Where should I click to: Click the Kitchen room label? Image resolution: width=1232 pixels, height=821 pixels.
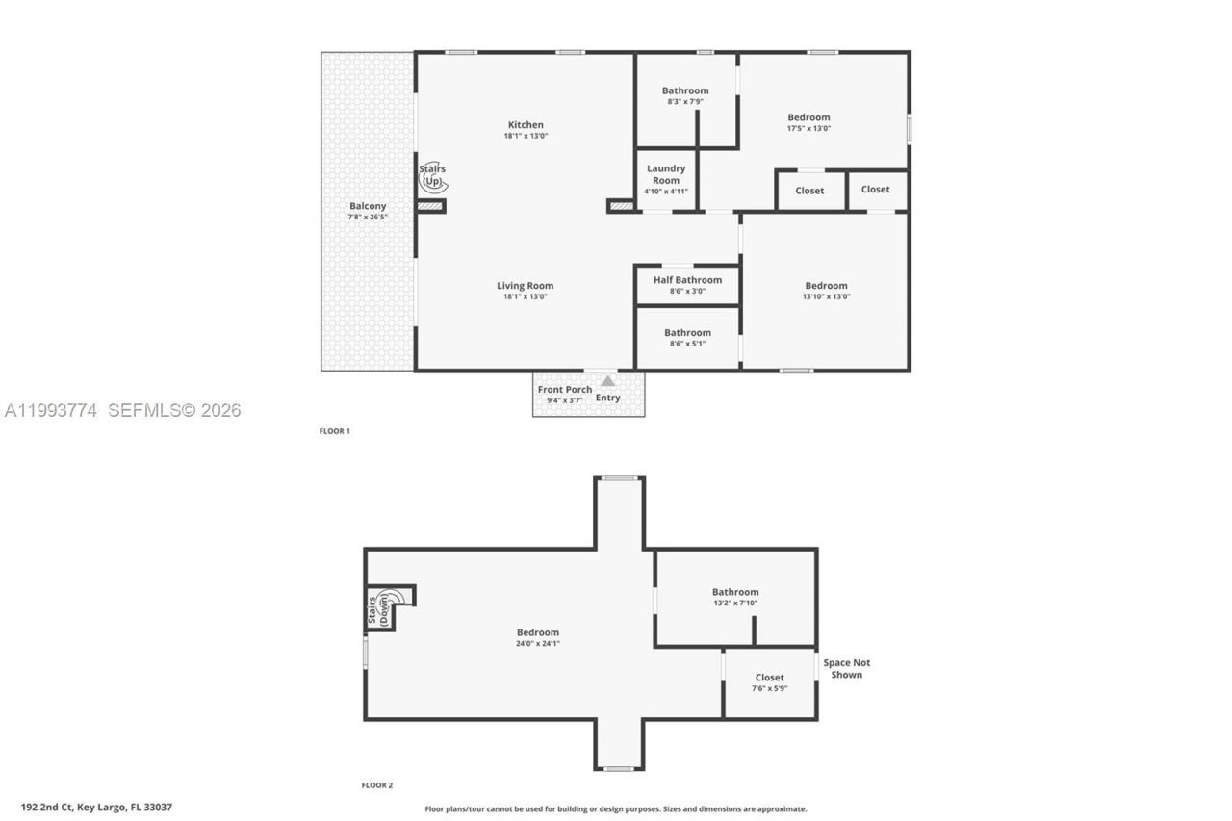(x=526, y=125)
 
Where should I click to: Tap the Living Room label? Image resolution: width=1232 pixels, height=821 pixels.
(x=525, y=286)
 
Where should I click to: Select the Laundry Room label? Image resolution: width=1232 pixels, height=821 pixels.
(x=666, y=174)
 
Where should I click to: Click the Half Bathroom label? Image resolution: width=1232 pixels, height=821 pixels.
(x=687, y=280)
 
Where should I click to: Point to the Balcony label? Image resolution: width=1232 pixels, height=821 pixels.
(x=368, y=206)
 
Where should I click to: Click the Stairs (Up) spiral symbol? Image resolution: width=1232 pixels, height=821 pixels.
(x=434, y=179)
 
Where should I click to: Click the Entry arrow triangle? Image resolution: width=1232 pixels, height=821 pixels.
(x=607, y=381)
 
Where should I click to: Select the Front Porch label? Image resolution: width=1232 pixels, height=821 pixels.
(x=565, y=390)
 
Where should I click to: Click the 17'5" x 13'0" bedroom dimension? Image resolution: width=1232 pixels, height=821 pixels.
(x=808, y=128)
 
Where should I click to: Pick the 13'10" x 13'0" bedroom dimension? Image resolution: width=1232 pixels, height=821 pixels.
(x=826, y=296)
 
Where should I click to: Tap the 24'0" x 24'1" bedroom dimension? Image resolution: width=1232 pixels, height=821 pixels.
(x=537, y=643)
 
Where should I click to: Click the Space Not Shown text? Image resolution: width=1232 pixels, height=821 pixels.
(x=846, y=668)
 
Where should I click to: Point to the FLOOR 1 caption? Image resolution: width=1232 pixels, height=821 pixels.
(x=334, y=431)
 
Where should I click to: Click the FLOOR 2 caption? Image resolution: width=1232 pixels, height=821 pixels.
(x=376, y=785)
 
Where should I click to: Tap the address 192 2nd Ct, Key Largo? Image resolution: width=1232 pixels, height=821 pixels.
(x=96, y=808)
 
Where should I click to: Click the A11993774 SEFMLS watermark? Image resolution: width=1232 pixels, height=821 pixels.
(x=122, y=410)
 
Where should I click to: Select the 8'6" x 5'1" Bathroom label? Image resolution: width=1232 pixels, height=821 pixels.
(x=687, y=333)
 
